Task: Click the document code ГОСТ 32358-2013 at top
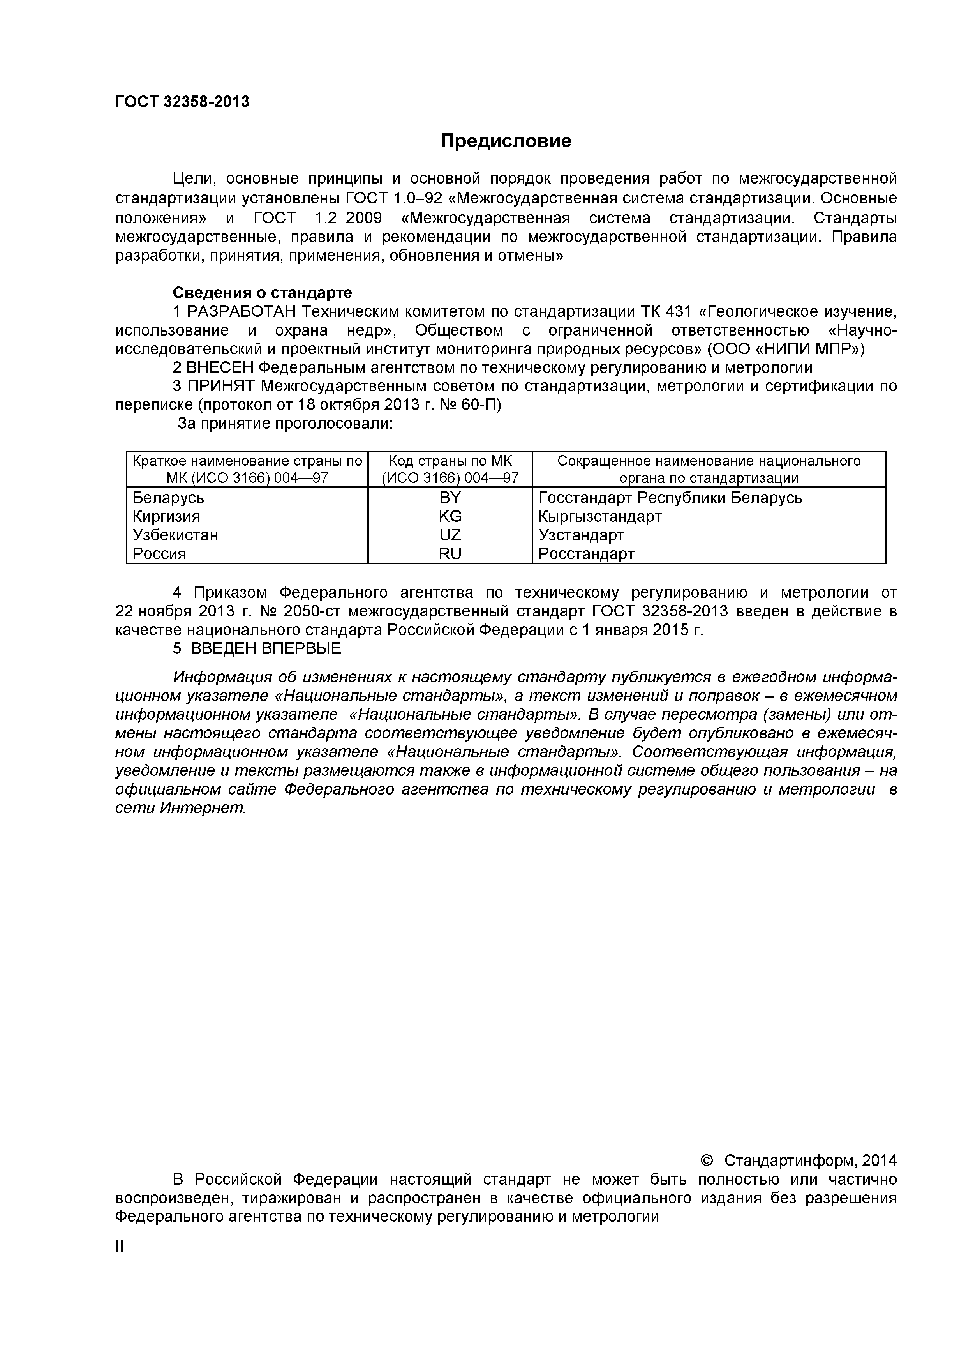(182, 102)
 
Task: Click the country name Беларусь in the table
(168, 497)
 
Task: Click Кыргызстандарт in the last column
(599, 516)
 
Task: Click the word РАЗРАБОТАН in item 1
(241, 311)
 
